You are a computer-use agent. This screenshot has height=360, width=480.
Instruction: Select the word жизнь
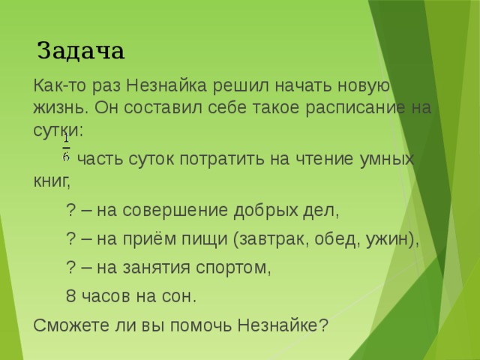click(58, 106)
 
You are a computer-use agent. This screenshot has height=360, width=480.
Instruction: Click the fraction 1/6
click(66, 148)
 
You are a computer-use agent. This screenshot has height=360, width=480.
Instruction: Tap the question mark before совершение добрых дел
click(70, 211)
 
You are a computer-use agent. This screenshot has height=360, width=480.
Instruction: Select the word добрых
click(261, 211)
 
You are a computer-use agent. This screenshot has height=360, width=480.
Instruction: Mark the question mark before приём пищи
click(70, 239)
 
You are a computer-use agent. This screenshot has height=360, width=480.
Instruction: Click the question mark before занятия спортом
click(70, 268)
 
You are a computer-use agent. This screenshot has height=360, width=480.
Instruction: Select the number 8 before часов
click(70, 296)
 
